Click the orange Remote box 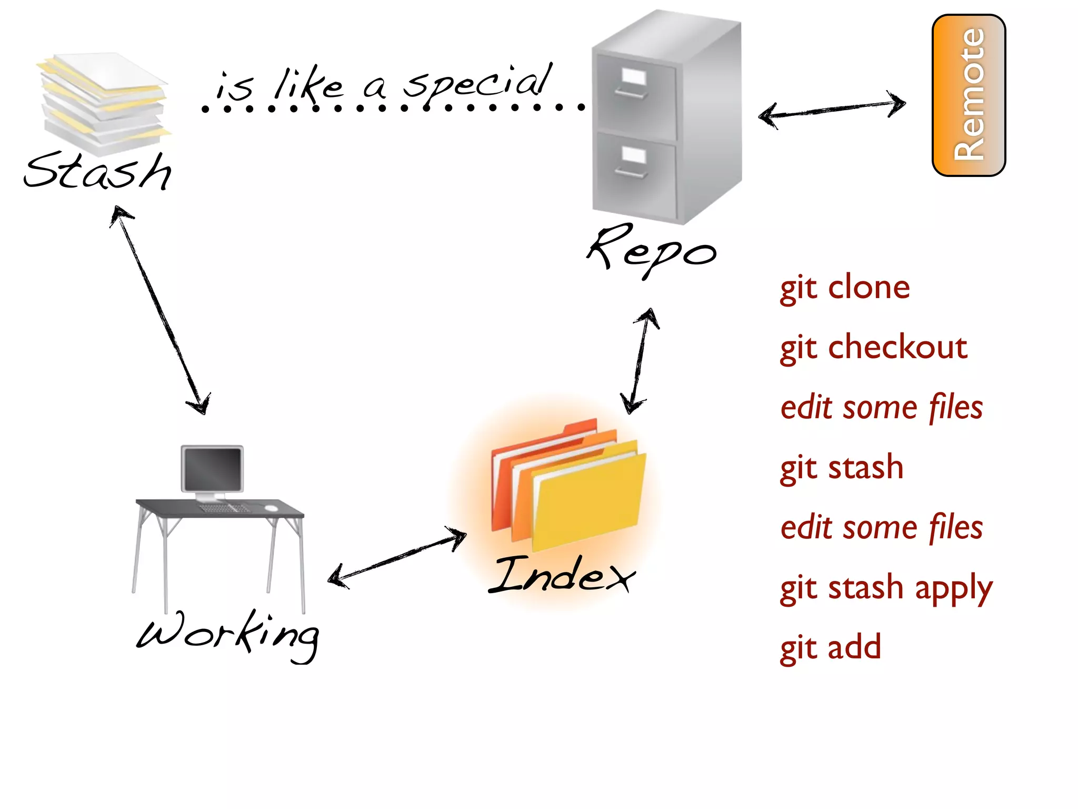pos(969,95)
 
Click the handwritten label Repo pos(652,250)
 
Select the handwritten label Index pos(562,575)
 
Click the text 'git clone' pos(844,288)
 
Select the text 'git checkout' pos(873,348)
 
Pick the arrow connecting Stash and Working pos(160,311)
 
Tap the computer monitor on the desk pos(212,469)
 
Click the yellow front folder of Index pos(588,500)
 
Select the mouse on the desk pos(271,508)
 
